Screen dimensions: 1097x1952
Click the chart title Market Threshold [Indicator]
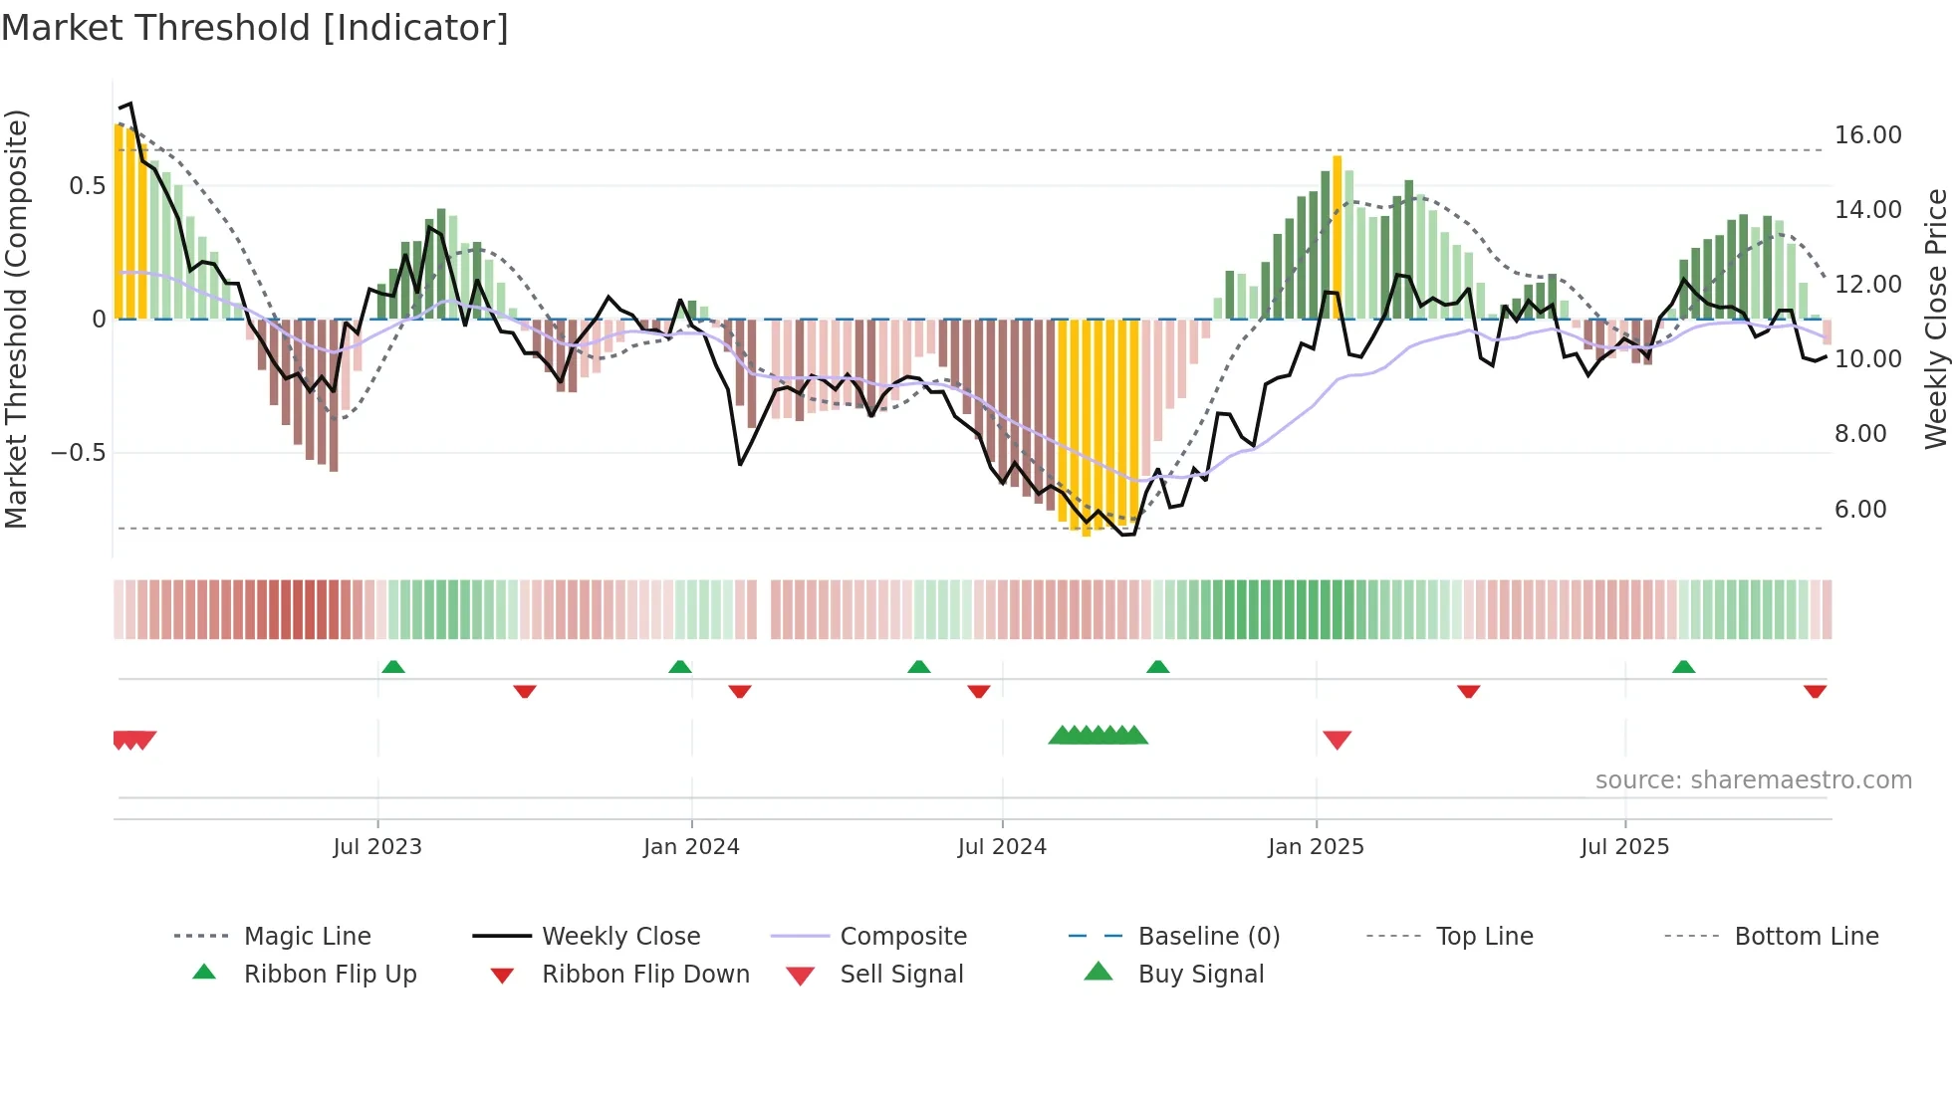255,28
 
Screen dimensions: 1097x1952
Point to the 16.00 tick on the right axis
1867,135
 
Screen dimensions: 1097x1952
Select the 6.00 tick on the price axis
1860,510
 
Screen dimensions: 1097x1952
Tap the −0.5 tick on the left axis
79,453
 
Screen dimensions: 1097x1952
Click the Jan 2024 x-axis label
691,847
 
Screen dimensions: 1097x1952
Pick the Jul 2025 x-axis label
1624,847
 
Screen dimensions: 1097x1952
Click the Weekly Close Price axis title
1935,319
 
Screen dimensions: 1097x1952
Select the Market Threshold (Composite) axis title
16,319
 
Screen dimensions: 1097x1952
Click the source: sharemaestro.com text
1753,780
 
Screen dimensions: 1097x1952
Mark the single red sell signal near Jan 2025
1337,740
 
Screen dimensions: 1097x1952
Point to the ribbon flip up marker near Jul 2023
393,667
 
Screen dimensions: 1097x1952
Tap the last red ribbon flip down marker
1815,691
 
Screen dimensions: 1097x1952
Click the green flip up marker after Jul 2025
1683,667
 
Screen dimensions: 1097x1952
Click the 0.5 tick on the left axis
87,186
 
